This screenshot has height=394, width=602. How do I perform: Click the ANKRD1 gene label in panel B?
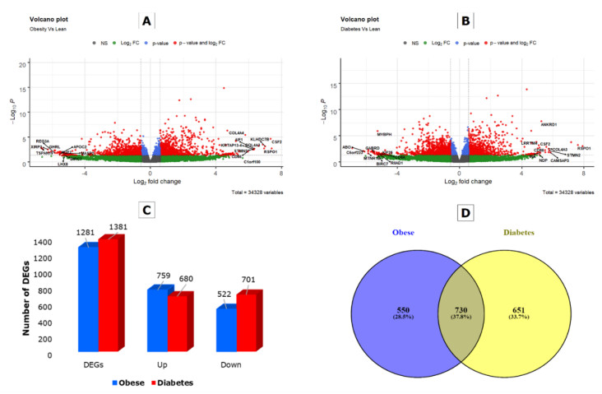549,125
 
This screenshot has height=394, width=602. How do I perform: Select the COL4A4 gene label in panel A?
237,132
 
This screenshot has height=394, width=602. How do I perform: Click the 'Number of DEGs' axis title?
49,297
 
